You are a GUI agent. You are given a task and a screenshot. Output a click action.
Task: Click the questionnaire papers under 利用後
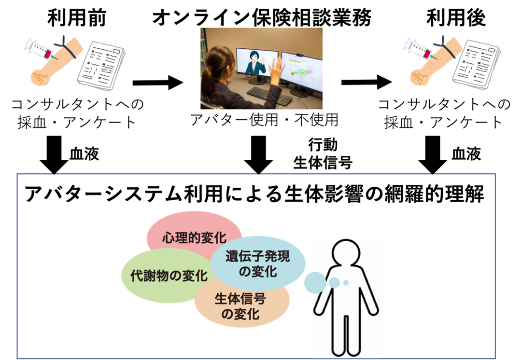pos(476,65)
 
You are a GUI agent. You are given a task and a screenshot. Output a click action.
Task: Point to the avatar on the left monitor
pos(255,63)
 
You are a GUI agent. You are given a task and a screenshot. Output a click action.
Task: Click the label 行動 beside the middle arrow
pos(323,145)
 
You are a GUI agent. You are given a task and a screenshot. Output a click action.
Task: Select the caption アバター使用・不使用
pos(264,120)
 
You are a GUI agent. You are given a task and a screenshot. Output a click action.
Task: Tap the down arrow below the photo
pos(258,155)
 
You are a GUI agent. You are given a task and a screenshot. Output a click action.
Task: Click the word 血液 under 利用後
pos(466,154)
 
